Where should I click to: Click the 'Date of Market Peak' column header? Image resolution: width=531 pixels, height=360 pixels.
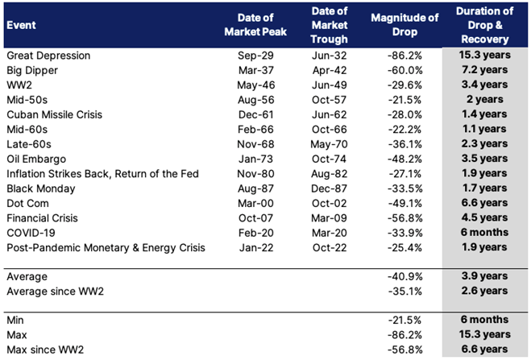pyautogui.click(x=255, y=25)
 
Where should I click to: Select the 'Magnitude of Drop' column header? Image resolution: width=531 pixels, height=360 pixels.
pyautogui.click(x=404, y=25)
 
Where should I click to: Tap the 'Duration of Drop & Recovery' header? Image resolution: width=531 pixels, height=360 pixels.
pyautogui.click(x=484, y=25)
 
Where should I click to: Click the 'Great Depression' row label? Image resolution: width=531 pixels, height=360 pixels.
pyautogui.click(x=48, y=56)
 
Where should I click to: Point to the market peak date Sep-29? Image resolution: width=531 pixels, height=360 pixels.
pyautogui.click(x=255, y=56)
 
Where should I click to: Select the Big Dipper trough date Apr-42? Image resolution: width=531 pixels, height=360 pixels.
pyautogui.click(x=330, y=70)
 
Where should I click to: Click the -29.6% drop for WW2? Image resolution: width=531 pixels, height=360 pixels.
pyautogui.click(x=404, y=85)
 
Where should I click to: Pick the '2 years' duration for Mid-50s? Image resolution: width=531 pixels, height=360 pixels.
pyautogui.click(x=484, y=99)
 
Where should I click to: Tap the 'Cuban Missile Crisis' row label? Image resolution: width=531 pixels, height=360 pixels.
pyautogui.click(x=55, y=114)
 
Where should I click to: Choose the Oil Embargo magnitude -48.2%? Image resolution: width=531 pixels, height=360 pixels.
pyautogui.click(x=404, y=159)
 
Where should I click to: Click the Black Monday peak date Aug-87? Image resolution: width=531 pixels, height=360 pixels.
pyautogui.click(x=255, y=188)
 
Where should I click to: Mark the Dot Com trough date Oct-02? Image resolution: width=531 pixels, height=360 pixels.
pyautogui.click(x=330, y=203)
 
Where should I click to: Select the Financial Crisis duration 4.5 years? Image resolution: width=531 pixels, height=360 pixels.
pyautogui.click(x=484, y=217)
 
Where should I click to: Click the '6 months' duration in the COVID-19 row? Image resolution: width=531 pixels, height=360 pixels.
pyautogui.click(x=484, y=233)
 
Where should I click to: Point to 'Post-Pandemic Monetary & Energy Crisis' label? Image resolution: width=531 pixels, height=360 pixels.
pyautogui.click(x=106, y=248)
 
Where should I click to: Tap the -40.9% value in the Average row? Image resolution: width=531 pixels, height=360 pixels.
pyautogui.click(x=404, y=277)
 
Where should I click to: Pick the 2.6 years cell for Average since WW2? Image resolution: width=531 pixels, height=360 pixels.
pyautogui.click(x=484, y=291)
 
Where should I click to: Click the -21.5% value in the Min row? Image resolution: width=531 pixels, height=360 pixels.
pyautogui.click(x=404, y=320)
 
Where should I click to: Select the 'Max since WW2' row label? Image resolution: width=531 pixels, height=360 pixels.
pyautogui.click(x=45, y=350)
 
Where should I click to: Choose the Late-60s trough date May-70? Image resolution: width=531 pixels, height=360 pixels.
pyautogui.click(x=330, y=144)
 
